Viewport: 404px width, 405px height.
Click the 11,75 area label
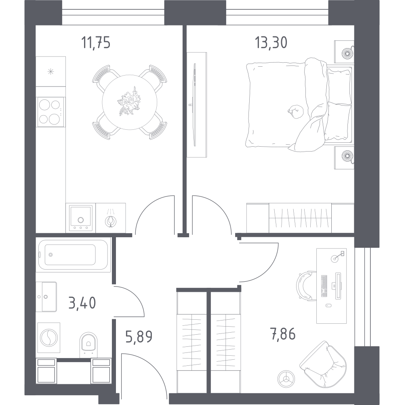tap(96, 42)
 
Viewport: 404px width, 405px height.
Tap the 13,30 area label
tap(271, 42)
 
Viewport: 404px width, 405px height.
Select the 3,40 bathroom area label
tap(82, 303)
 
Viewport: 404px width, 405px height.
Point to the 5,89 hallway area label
tap(139, 337)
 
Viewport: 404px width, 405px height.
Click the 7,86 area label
tap(283, 334)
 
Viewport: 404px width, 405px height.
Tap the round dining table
tap(130, 102)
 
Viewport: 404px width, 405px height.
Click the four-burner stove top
tap(50, 112)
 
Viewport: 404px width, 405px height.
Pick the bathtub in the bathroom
tap(73, 255)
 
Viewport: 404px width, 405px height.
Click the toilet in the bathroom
tap(88, 344)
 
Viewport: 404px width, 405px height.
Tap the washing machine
tap(48, 337)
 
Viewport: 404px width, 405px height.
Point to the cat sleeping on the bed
tap(296, 111)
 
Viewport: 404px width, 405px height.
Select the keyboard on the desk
tap(324, 286)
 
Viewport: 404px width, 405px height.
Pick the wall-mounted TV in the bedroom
tap(195, 105)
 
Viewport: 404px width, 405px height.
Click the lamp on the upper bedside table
tap(348, 53)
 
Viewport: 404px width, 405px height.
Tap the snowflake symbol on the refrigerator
tap(51, 72)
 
